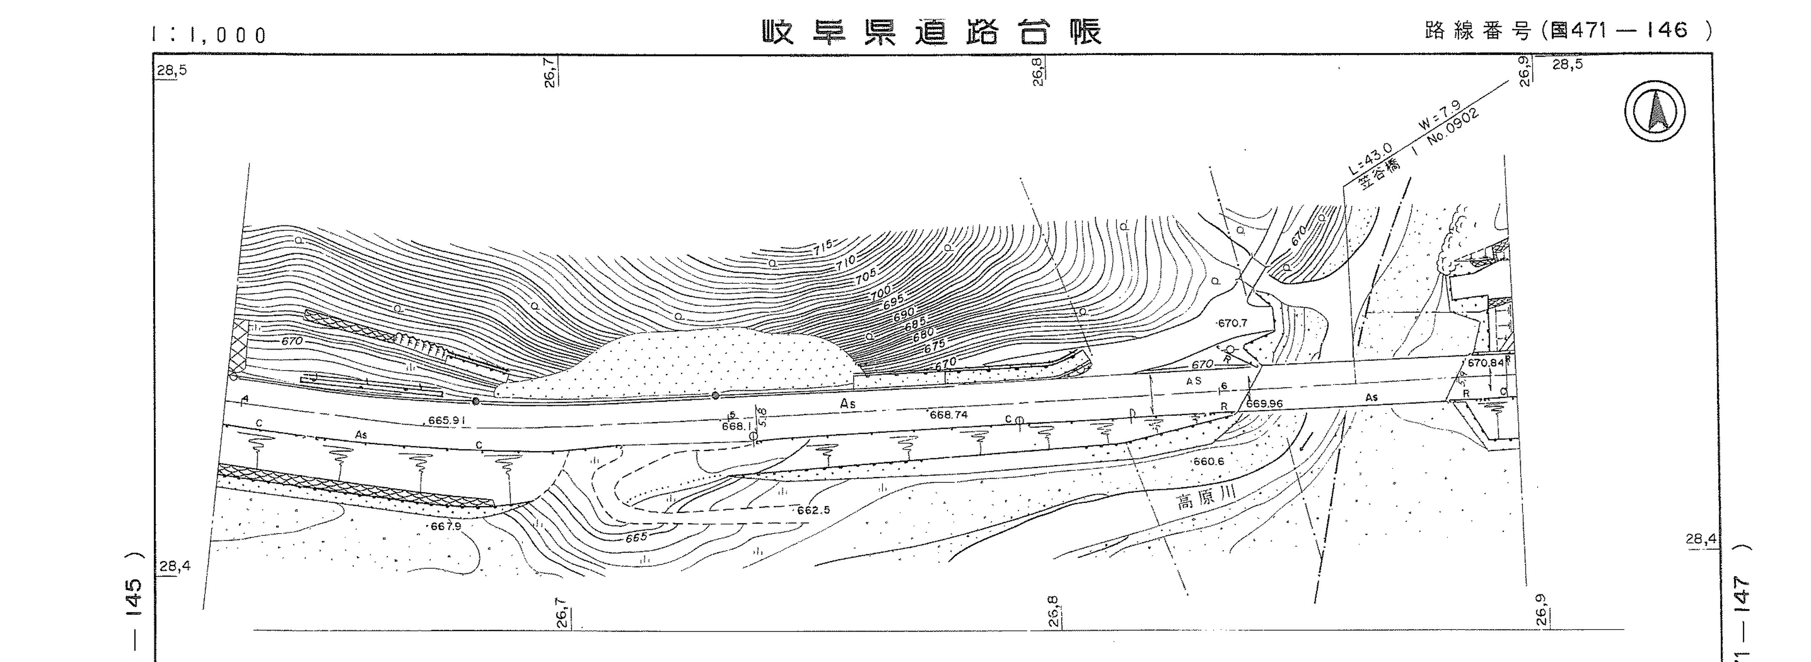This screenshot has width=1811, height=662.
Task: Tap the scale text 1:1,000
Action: [209, 35]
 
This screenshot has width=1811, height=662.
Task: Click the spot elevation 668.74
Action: [948, 415]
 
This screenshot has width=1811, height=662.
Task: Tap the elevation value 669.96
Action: [1264, 404]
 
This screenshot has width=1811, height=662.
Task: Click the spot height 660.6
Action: [1209, 462]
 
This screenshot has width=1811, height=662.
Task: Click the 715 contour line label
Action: [823, 247]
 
